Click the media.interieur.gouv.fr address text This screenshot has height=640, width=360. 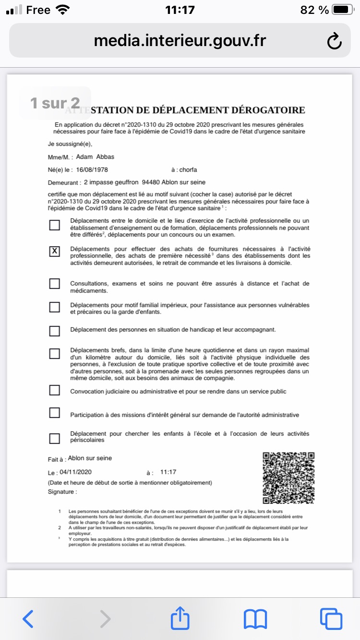(x=180, y=41)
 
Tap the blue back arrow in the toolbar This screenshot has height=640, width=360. (x=28, y=619)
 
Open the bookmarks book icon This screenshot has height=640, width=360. (x=255, y=619)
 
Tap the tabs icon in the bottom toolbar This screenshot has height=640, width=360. (x=331, y=619)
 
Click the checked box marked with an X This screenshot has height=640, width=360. (x=55, y=251)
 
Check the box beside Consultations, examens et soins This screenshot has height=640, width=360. (x=55, y=284)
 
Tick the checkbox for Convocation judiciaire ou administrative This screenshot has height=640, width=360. (x=55, y=391)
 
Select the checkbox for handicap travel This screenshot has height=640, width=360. (x=55, y=331)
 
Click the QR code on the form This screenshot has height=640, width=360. (x=288, y=478)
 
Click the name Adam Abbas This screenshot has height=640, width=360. (x=95, y=157)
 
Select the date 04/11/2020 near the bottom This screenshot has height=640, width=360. (x=76, y=472)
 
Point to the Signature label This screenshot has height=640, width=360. (x=62, y=492)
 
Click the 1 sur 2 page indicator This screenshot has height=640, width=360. (x=55, y=103)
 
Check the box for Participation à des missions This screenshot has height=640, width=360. (x=55, y=413)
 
